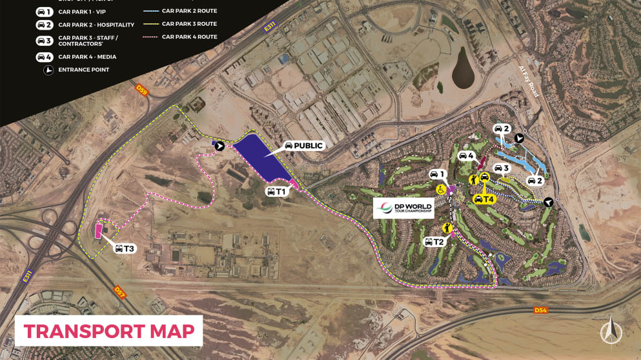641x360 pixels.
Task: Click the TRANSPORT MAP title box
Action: coord(108,331)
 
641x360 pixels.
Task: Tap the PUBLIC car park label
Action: coord(303,145)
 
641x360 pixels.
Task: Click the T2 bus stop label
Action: coord(434,242)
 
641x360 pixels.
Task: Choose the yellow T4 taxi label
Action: coord(483,199)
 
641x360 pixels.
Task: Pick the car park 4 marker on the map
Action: coord(467,156)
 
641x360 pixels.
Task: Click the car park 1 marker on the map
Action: coord(438,174)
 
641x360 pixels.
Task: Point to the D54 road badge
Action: coord(540,310)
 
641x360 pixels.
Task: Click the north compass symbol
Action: coord(608,332)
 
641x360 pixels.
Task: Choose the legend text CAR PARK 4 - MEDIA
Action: coord(87,57)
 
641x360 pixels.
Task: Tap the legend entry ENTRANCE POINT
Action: coord(83,70)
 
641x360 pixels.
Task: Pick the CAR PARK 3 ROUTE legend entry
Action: coord(189,24)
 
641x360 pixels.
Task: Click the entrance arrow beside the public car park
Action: coord(219,146)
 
